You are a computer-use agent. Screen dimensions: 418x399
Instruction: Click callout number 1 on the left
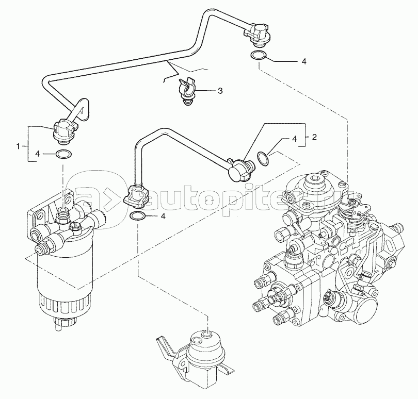18,146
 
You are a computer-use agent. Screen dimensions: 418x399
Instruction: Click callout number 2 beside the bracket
314,137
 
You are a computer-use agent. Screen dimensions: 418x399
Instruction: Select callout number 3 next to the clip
220,91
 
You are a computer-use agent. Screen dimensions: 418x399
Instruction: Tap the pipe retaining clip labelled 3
188,91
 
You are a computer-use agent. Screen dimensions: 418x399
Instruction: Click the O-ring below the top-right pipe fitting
259,56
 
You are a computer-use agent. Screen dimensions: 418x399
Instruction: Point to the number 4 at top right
304,61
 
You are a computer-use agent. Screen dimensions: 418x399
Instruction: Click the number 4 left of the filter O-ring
37,154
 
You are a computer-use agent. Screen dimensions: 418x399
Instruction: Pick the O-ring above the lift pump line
138,216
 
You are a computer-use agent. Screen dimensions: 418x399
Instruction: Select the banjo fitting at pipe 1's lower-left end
64,130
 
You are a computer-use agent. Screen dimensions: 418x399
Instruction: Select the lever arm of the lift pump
165,346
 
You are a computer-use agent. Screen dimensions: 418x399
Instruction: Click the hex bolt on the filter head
75,227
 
